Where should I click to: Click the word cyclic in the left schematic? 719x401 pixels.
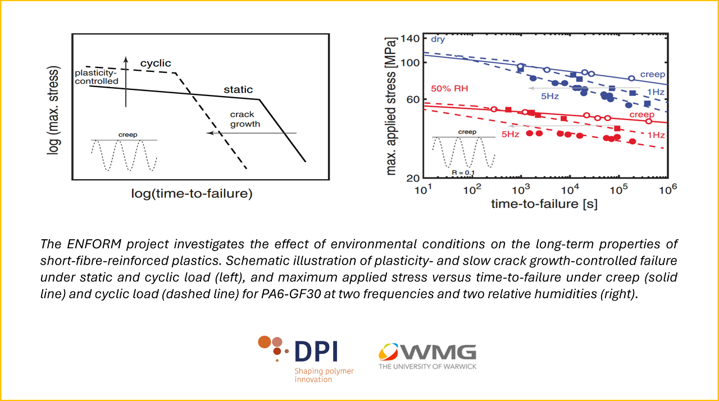click(156, 63)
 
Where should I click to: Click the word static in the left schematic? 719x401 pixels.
click(238, 89)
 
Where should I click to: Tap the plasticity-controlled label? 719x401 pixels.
click(97, 78)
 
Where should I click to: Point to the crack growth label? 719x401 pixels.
click(245, 119)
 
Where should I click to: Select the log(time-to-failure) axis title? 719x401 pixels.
click(192, 194)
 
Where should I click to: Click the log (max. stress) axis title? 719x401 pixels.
click(53, 112)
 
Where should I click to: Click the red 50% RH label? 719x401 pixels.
click(449, 88)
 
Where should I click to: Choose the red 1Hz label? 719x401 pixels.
click(656, 135)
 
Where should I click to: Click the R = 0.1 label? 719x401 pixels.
click(463, 171)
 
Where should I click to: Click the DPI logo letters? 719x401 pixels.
click(315, 352)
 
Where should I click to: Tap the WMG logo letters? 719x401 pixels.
click(438, 352)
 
